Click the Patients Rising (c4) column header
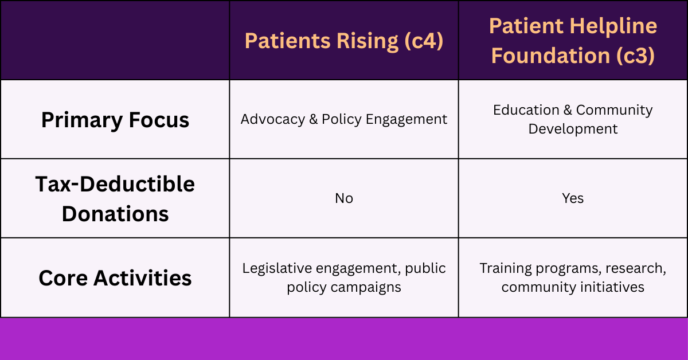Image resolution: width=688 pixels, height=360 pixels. (344, 41)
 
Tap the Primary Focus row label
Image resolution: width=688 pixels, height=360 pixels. (115, 120)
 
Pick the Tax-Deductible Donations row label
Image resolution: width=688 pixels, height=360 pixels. (115, 199)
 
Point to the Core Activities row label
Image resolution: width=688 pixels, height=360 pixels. (115, 278)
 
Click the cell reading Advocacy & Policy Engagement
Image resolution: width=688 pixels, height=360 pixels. (344, 119)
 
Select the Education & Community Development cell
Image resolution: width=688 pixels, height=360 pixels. (573, 119)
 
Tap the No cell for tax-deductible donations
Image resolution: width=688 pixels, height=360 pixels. (344, 198)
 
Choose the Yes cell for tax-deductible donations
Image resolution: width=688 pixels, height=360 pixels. (573, 198)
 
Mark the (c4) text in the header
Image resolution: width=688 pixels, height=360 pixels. (423, 41)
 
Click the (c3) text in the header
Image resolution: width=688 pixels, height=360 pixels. (634, 56)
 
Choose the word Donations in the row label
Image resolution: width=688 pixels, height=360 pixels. (115, 213)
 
